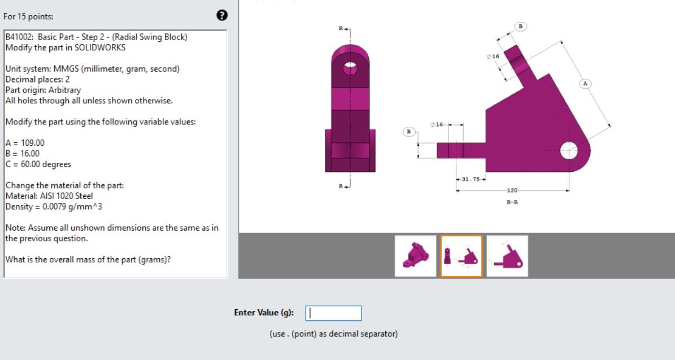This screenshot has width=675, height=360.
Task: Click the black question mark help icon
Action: [222, 16]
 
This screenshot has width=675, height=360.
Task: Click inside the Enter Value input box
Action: [333, 313]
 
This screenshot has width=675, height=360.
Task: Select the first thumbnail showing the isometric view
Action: [415, 256]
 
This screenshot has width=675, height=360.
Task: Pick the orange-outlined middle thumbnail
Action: [461, 256]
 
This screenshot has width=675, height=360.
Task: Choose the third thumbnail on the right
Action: [507, 256]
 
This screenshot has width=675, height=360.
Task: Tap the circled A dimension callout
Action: [585, 84]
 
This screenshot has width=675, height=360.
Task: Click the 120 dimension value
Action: [512, 191]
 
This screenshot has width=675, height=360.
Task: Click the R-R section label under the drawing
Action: [512, 202]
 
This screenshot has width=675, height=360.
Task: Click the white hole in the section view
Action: [568, 150]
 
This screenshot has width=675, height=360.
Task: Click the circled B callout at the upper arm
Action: [520, 26]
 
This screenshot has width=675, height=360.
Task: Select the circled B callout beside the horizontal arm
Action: [408, 132]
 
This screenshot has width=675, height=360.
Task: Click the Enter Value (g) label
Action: [264, 313]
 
